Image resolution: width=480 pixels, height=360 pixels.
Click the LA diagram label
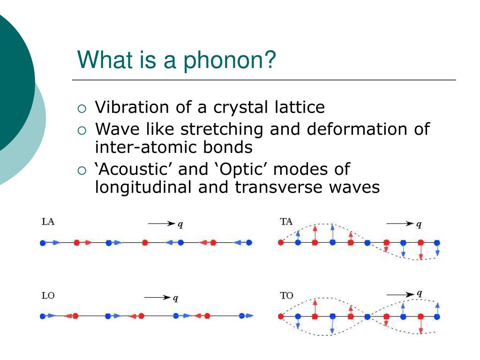(48, 222)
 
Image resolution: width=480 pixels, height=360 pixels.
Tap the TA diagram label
(286, 222)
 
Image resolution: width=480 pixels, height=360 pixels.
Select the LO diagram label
(48, 296)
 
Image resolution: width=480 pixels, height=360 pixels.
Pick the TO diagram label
(286, 296)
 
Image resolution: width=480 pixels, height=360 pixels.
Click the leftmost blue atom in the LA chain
(43, 243)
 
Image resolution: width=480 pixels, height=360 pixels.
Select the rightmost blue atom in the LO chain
(242, 316)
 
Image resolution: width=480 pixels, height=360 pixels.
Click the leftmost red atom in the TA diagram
(281, 243)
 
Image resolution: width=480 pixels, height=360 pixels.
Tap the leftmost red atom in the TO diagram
(281, 316)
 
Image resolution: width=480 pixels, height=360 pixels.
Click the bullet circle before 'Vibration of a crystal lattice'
(82, 109)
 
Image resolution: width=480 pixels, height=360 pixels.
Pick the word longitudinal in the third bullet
(143, 187)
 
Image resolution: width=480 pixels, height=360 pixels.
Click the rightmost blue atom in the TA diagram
(437, 243)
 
